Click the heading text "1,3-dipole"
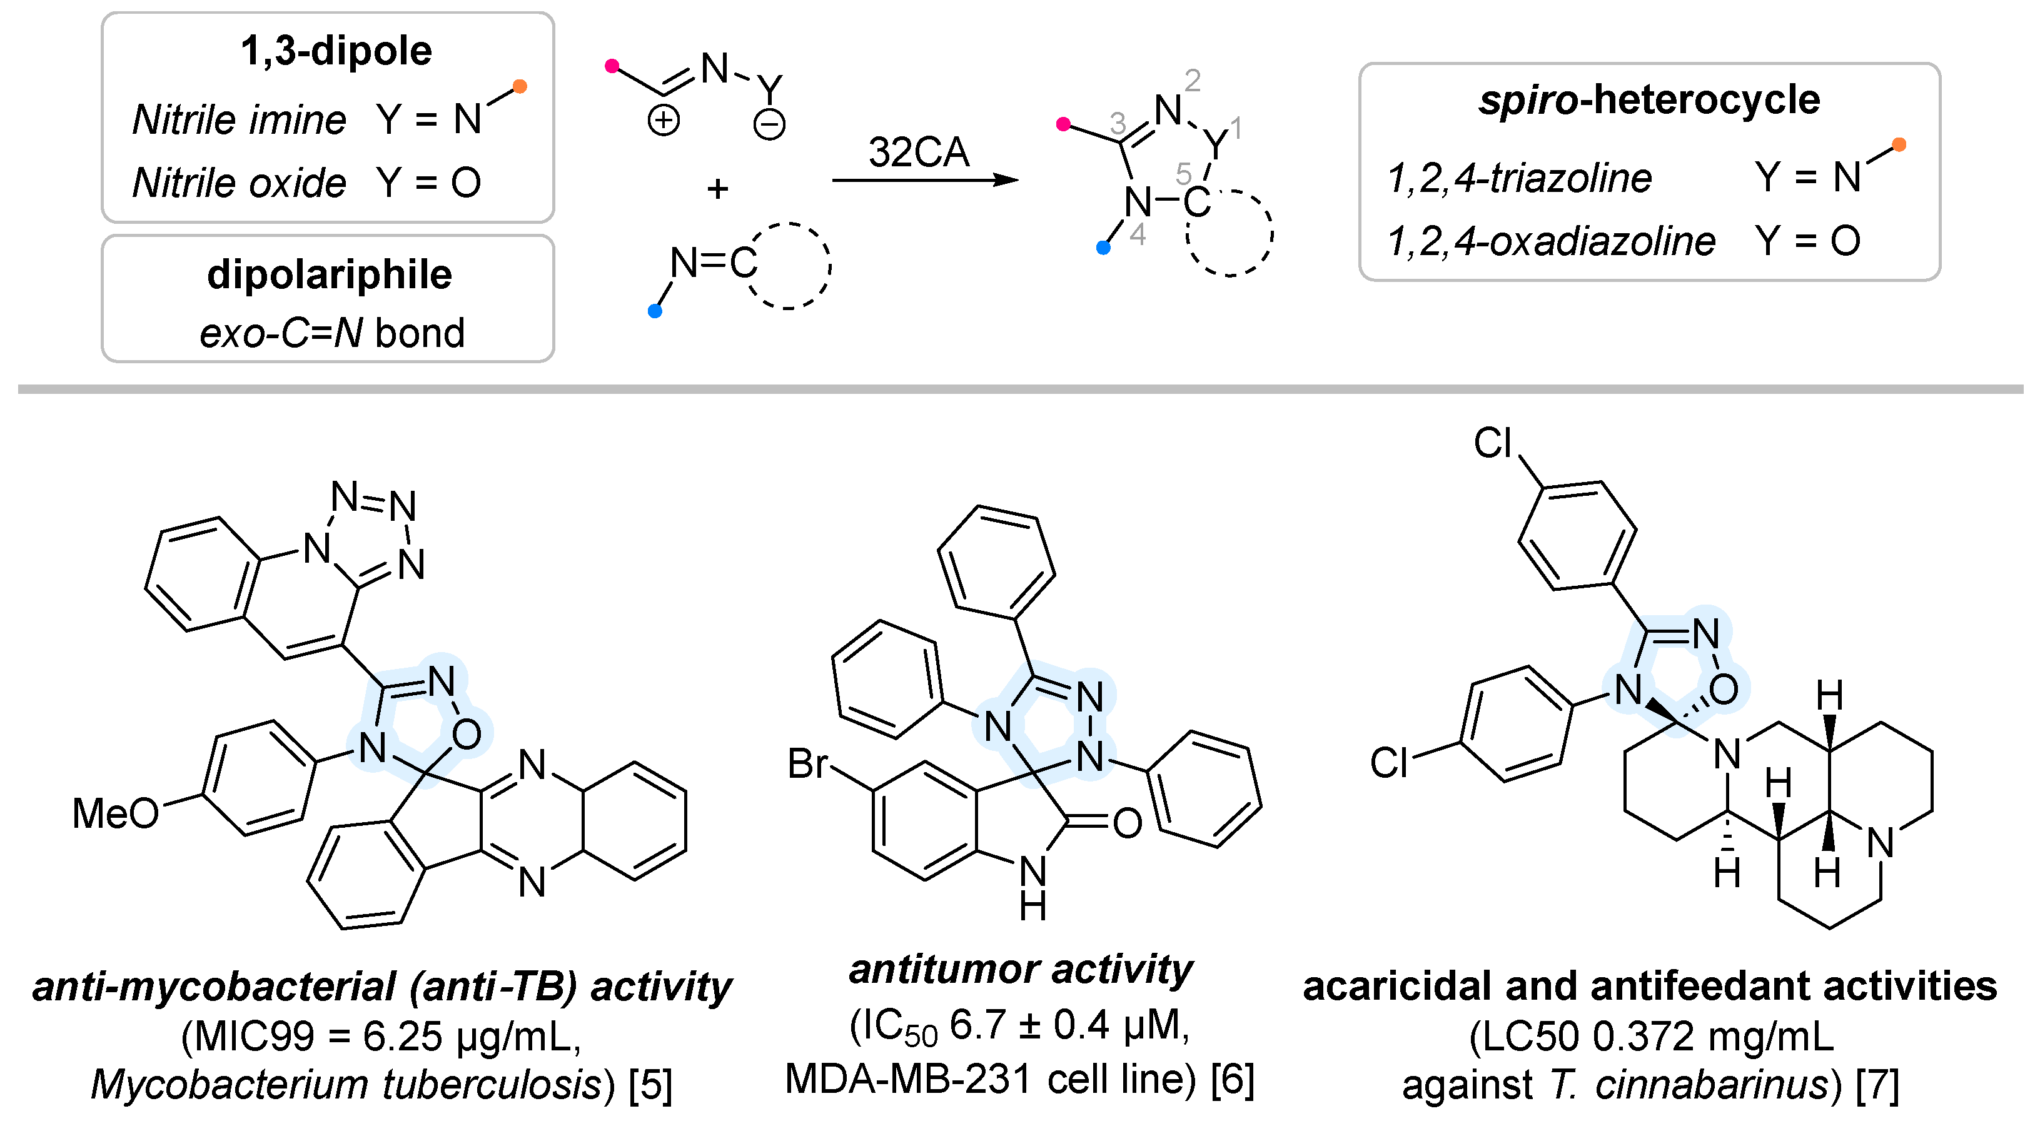coord(336,51)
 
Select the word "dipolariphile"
coord(330,274)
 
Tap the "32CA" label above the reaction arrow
coord(919,152)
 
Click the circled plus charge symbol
coord(663,121)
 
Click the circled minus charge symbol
coord(769,125)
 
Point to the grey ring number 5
coord(1183,173)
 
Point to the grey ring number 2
coord(1193,80)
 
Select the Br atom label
coord(807,764)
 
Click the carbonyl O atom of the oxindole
coord(1127,823)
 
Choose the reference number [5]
coord(650,1085)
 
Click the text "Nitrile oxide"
coord(239,183)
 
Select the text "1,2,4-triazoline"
coord(1520,178)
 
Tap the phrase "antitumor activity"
coord(1020,969)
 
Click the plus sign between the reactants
coord(717,188)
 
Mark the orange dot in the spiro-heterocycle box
coord(1899,144)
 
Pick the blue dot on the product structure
coord(1103,248)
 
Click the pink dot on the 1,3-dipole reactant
coord(612,66)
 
